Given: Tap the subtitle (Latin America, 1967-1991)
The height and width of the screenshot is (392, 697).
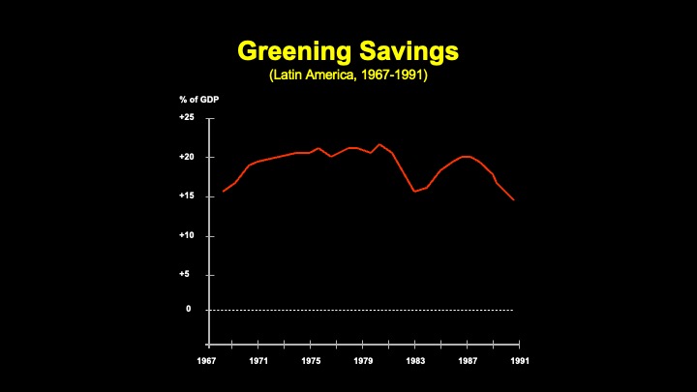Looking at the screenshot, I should (x=348, y=75).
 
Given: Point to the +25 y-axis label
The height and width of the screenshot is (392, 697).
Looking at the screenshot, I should (x=187, y=118).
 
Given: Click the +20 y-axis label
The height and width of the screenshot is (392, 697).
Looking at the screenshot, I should (x=187, y=157).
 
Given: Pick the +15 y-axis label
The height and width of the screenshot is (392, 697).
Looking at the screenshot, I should (x=187, y=196).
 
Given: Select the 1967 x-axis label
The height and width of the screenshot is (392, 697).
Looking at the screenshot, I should (x=207, y=362).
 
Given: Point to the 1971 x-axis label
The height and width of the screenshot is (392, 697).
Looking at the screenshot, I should (x=259, y=362).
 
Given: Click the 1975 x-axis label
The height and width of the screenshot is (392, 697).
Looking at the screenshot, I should (x=312, y=362).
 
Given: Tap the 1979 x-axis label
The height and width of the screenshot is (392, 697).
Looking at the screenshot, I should (x=364, y=362).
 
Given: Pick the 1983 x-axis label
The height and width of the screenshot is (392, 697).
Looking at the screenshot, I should (x=416, y=362).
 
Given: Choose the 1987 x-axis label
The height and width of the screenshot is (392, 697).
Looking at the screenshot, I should (x=469, y=362).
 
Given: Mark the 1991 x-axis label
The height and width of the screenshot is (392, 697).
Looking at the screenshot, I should (x=521, y=362).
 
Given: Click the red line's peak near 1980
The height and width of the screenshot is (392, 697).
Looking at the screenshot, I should (x=379, y=144).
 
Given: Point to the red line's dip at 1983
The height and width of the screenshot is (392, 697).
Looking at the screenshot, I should (x=415, y=191).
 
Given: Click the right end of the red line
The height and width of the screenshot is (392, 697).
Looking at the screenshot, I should (x=513, y=199).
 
